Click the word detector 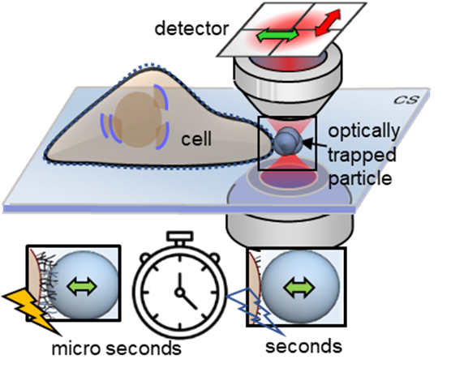(x=191, y=29)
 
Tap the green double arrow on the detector (x=277, y=35)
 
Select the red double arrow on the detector (x=328, y=23)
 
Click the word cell (x=196, y=139)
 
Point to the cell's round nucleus (x=137, y=119)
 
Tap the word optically (x=363, y=131)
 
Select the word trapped (x=362, y=155)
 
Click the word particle (x=360, y=178)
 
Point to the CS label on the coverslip (x=406, y=100)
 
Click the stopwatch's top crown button (x=180, y=237)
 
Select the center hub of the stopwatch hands (x=179, y=293)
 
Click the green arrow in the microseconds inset (x=82, y=287)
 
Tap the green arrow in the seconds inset (x=299, y=288)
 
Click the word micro (x=75, y=348)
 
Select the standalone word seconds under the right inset (x=303, y=346)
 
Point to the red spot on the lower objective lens (x=288, y=178)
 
